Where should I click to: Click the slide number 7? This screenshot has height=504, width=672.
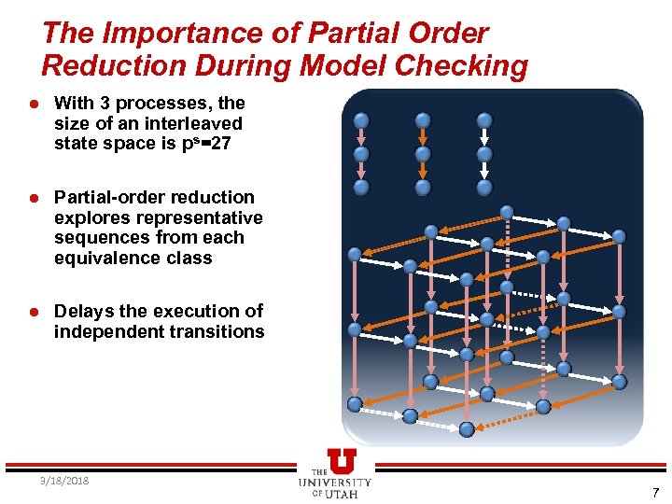(655, 492)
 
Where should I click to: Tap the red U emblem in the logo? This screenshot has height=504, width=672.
(342, 460)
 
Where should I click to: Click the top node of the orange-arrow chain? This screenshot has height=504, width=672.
(423, 120)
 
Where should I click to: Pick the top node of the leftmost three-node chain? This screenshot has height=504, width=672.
(361, 120)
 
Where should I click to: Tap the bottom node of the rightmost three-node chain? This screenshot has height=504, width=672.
(483, 187)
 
